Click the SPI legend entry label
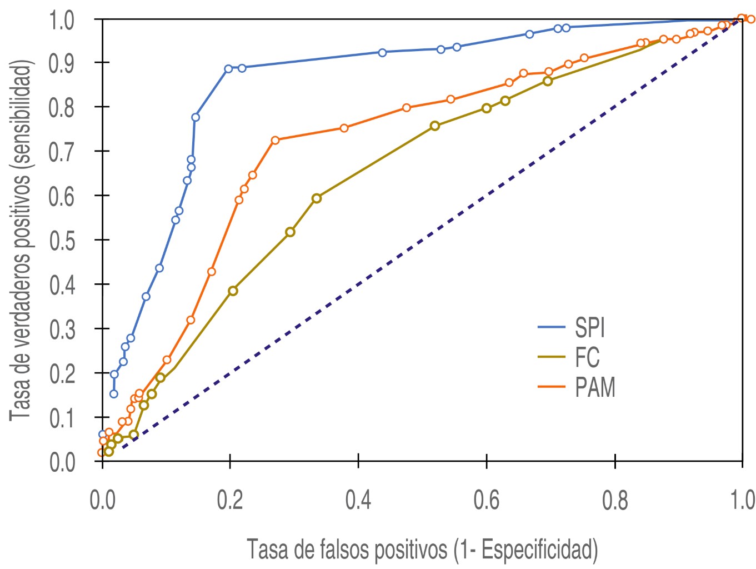click(589, 327)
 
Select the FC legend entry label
click(587, 357)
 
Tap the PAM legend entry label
click(595, 387)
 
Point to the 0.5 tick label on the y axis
click(62, 241)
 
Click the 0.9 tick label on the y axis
click(62, 63)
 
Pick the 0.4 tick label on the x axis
click(358, 500)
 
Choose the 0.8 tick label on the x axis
click(615, 500)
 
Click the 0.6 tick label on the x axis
click(487, 500)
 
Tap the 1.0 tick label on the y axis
click(62, 21)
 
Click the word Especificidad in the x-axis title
click(537, 550)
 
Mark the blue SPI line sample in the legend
click(551, 327)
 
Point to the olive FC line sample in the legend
click(551, 357)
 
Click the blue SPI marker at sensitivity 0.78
click(196, 117)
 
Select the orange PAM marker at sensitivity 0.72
click(275, 140)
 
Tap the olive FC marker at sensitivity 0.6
click(317, 198)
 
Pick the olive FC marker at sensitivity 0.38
click(233, 291)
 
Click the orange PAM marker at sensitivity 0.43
click(212, 272)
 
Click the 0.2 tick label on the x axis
click(230, 500)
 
